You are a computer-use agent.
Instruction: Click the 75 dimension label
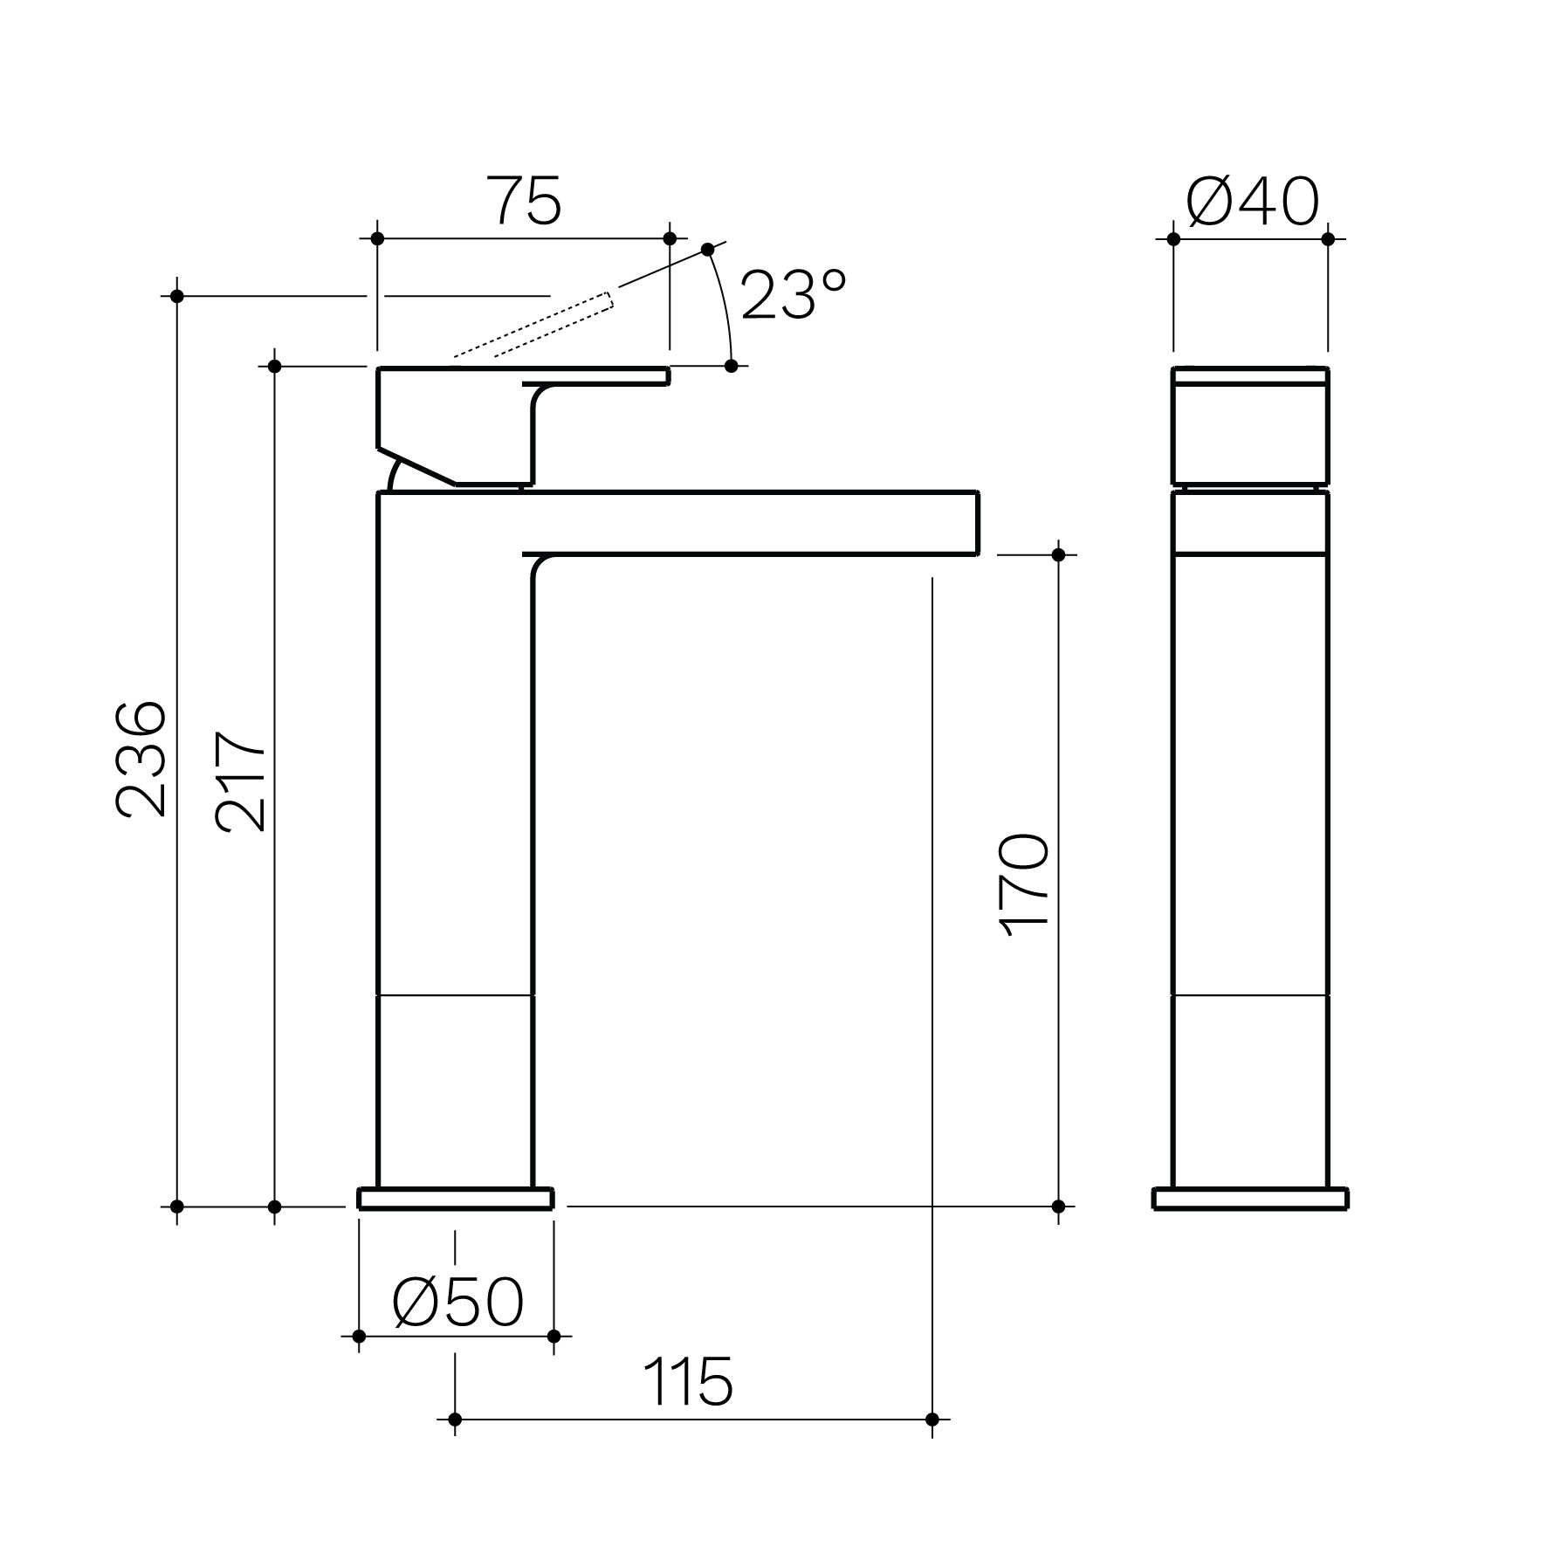coord(524,200)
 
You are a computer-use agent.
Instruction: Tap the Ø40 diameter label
coord(1253,201)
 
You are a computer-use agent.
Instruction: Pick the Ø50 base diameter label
coord(457,1303)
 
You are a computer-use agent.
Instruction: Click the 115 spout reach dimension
coord(688,1382)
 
